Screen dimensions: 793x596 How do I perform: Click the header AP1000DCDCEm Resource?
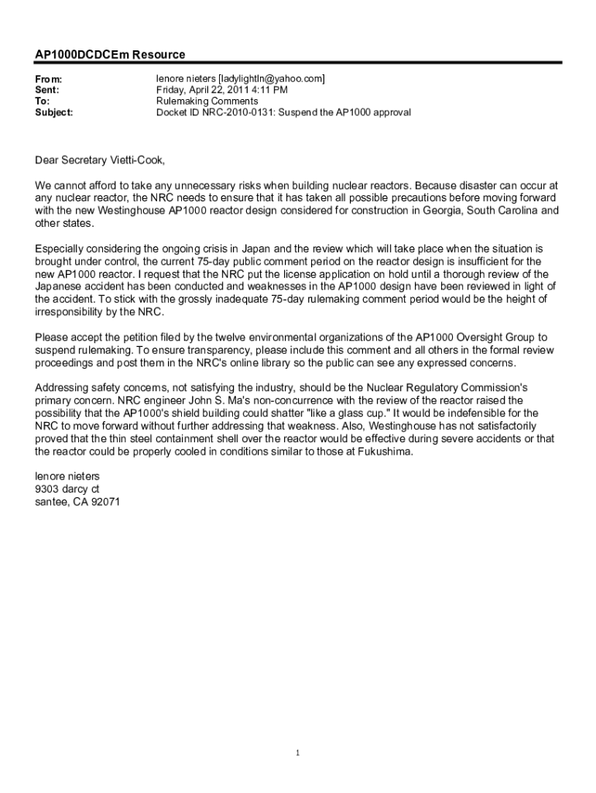point(110,54)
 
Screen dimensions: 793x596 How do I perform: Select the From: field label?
point(49,80)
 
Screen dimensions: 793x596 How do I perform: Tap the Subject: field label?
point(54,112)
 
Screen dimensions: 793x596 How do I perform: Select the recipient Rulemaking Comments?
point(207,101)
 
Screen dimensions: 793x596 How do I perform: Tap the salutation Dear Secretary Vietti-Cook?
point(100,160)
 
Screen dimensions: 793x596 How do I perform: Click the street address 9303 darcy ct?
point(67,489)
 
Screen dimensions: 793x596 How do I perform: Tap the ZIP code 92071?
point(104,502)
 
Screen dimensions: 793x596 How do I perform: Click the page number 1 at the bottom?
point(298,752)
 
